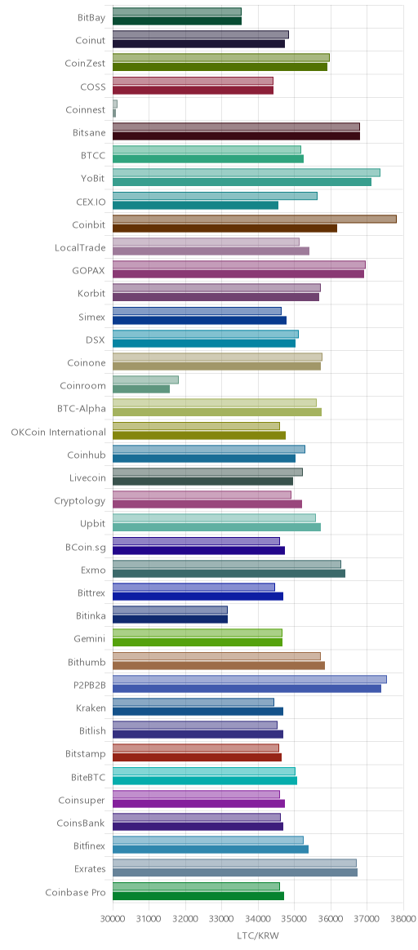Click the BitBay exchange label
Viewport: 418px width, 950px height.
point(91,18)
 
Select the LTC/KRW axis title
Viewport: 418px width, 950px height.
point(258,935)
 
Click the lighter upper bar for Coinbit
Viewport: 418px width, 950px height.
point(255,219)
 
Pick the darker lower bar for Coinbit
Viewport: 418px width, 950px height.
point(225,229)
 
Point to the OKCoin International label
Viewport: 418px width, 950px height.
point(58,432)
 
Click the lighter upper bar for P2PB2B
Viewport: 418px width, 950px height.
point(250,679)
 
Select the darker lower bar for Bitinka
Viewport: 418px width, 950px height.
point(171,619)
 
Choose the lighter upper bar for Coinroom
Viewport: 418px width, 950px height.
point(145,380)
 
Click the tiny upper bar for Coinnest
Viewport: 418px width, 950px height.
point(115,104)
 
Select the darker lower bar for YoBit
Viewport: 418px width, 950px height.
point(242,182)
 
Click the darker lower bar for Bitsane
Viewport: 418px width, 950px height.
point(236,135)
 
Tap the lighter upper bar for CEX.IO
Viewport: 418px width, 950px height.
point(215,196)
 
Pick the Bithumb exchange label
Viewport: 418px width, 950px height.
point(87,662)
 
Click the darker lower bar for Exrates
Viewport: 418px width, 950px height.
point(235,872)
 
